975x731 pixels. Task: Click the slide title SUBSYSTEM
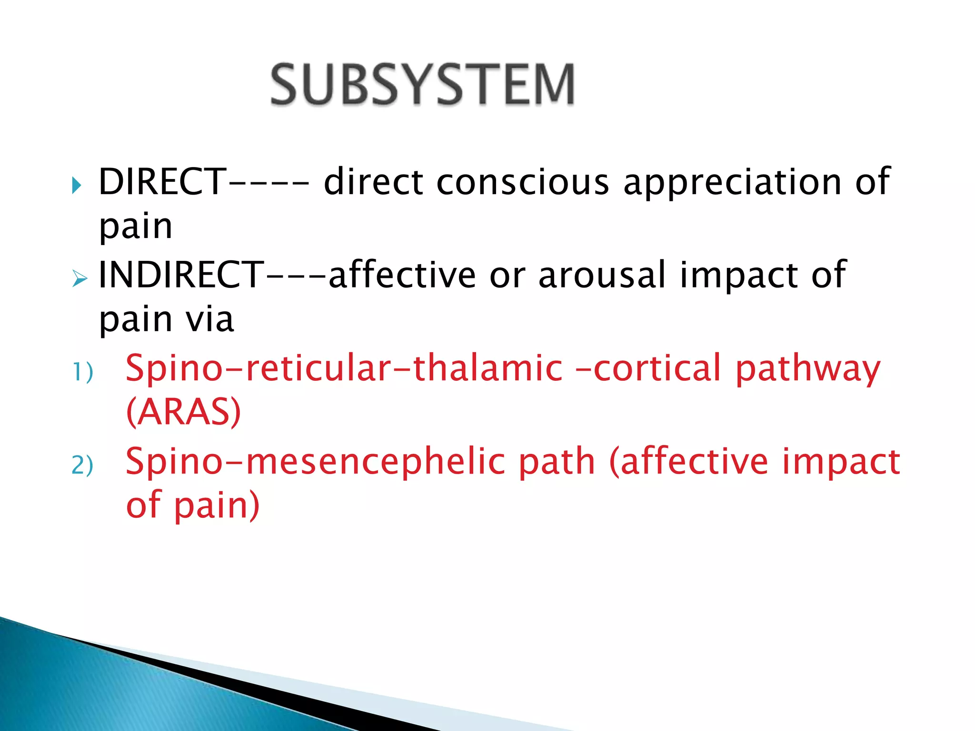click(422, 85)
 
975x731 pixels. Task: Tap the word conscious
click(522, 182)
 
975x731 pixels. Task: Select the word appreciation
click(732, 183)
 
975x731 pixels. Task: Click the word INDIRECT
click(180, 275)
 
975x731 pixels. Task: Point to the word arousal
click(602, 275)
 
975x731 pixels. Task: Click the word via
click(210, 319)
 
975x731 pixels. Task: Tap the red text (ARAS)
click(184, 412)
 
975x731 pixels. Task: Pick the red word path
click(557, 462)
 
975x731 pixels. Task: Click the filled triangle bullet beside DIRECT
click(77, 185)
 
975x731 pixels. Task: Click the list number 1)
click(82, 372)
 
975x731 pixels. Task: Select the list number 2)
click(82, 465)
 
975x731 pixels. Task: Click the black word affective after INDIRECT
click(402, 275)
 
